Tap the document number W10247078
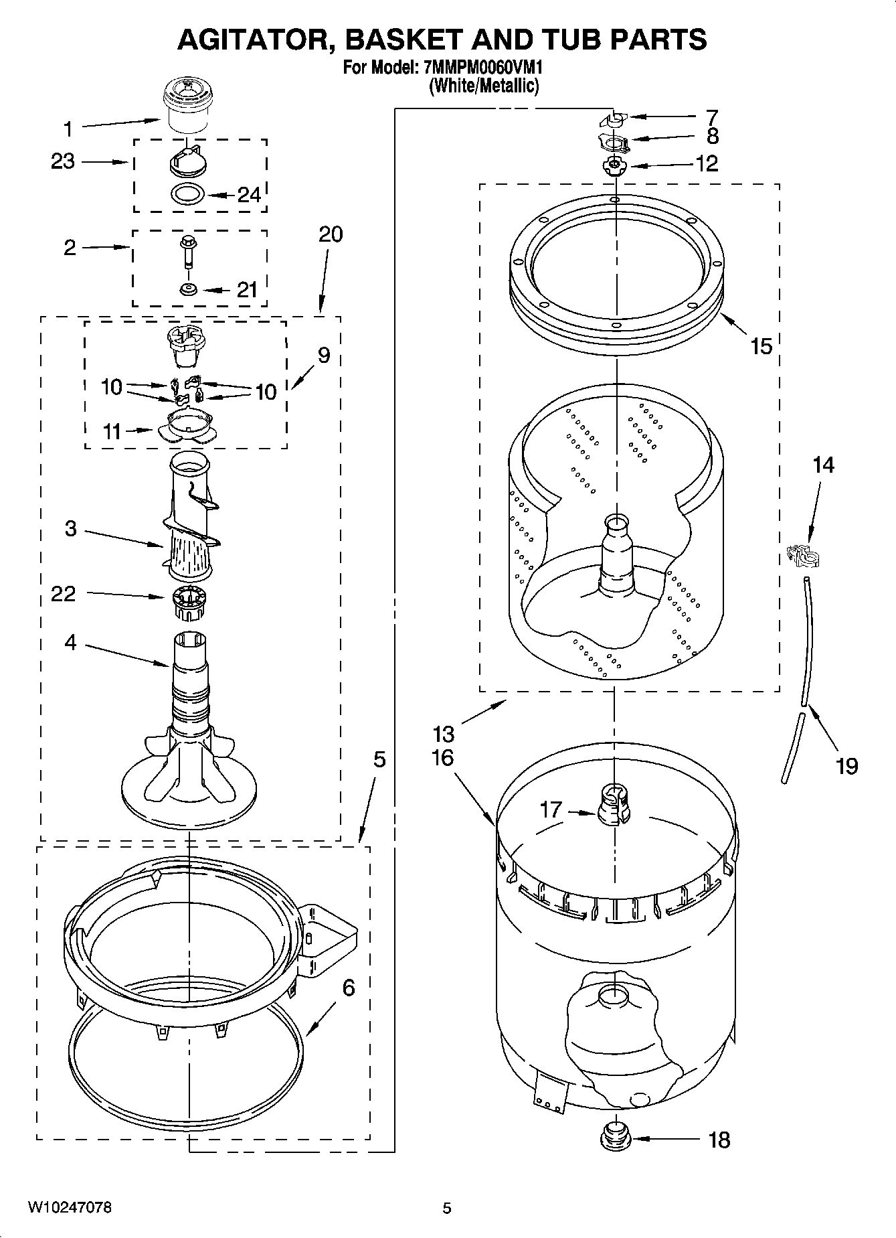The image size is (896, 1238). point(70,1207)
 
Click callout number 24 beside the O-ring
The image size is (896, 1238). point(249,195)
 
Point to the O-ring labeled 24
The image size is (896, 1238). point(187,194)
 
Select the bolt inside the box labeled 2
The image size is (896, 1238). point(187,252)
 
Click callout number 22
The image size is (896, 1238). point(64,593)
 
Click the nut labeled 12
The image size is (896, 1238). point(612,165)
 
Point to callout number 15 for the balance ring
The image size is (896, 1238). point(761,346)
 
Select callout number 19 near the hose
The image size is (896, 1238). point(847,765)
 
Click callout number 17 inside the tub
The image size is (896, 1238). point(551,809)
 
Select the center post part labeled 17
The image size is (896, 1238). point(614,805)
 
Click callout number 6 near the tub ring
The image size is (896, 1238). point(349,987)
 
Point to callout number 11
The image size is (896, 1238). point(112,432)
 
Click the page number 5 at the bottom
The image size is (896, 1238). point(447,1208)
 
